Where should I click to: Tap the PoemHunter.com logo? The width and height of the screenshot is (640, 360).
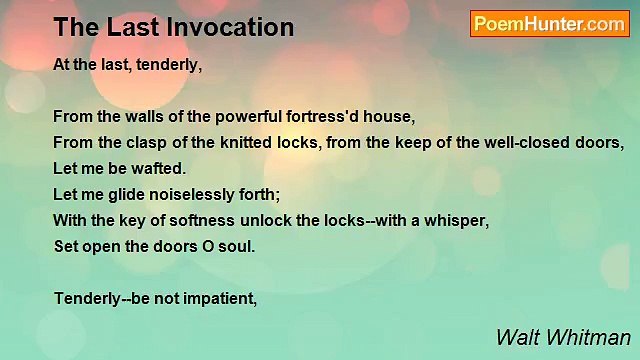549,24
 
